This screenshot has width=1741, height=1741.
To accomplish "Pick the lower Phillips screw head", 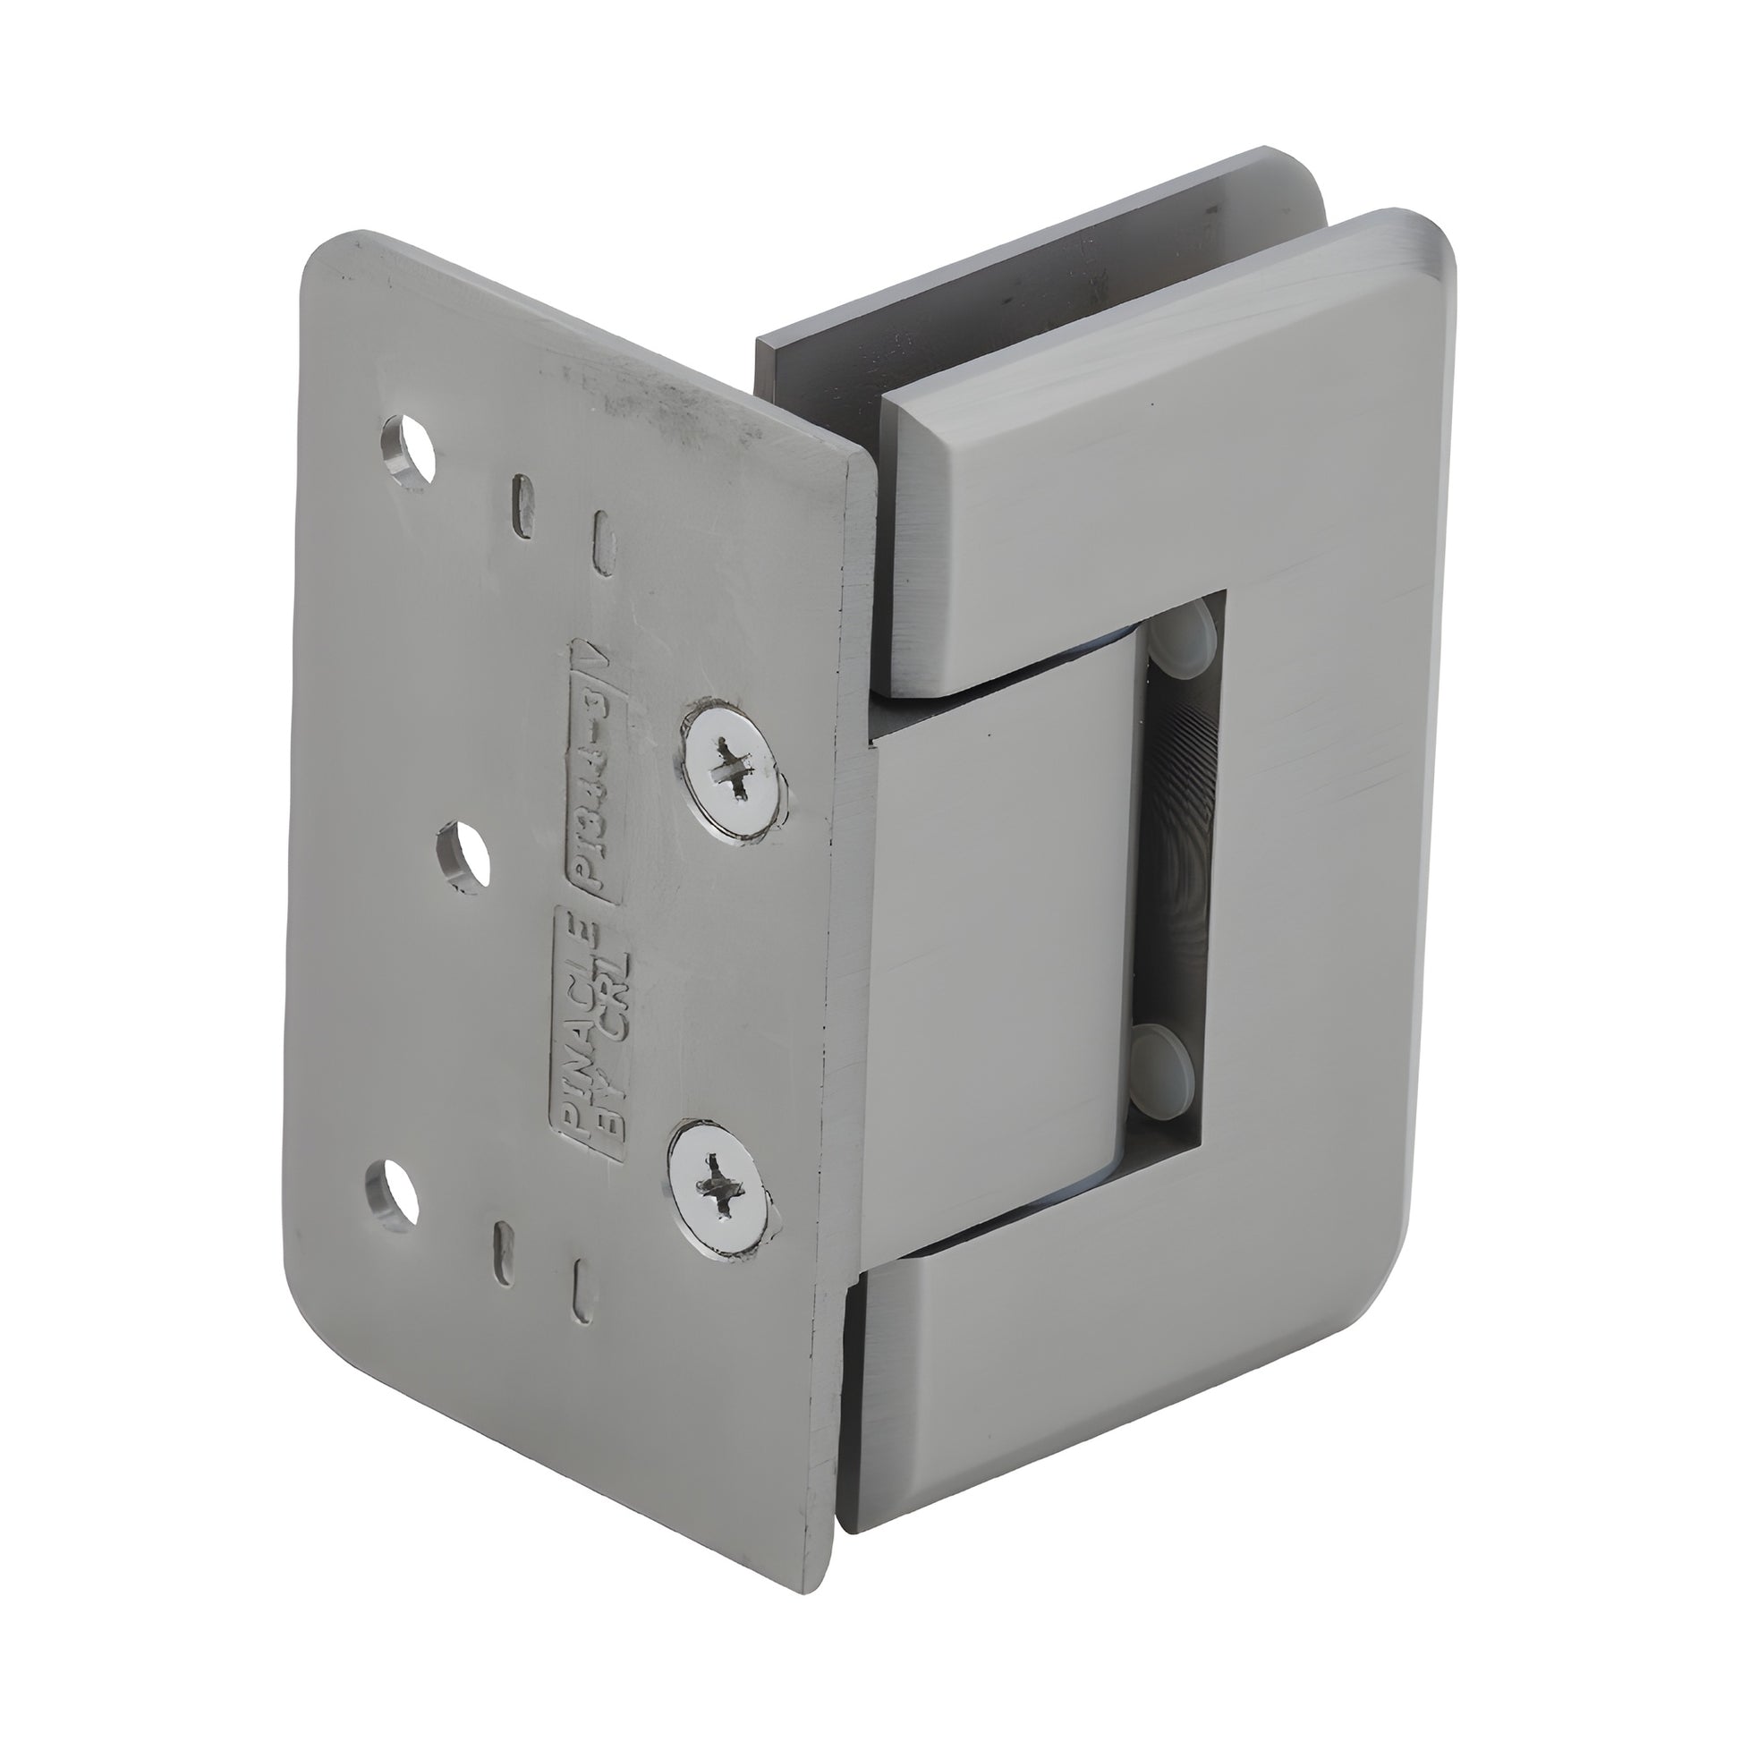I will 720,1191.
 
